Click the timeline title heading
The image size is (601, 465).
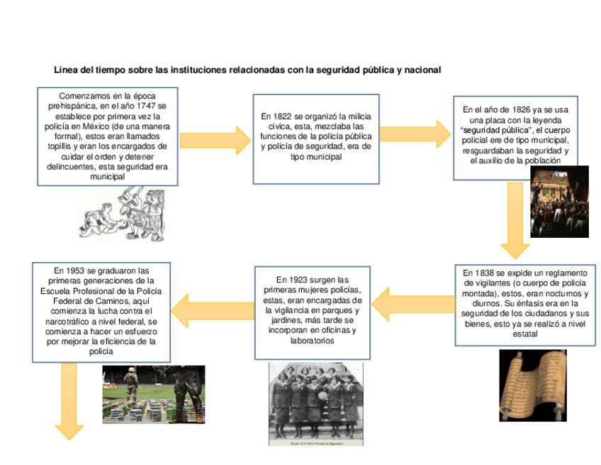pos(247,70)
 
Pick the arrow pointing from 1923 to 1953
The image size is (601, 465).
pos(212,307)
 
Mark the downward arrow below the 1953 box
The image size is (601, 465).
pos(69,400)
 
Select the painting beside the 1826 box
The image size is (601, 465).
pos(559,202)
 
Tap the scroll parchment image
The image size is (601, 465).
pos(532,385)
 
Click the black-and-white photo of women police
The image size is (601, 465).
pos(316,403)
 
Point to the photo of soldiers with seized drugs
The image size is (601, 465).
pos(153,394)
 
